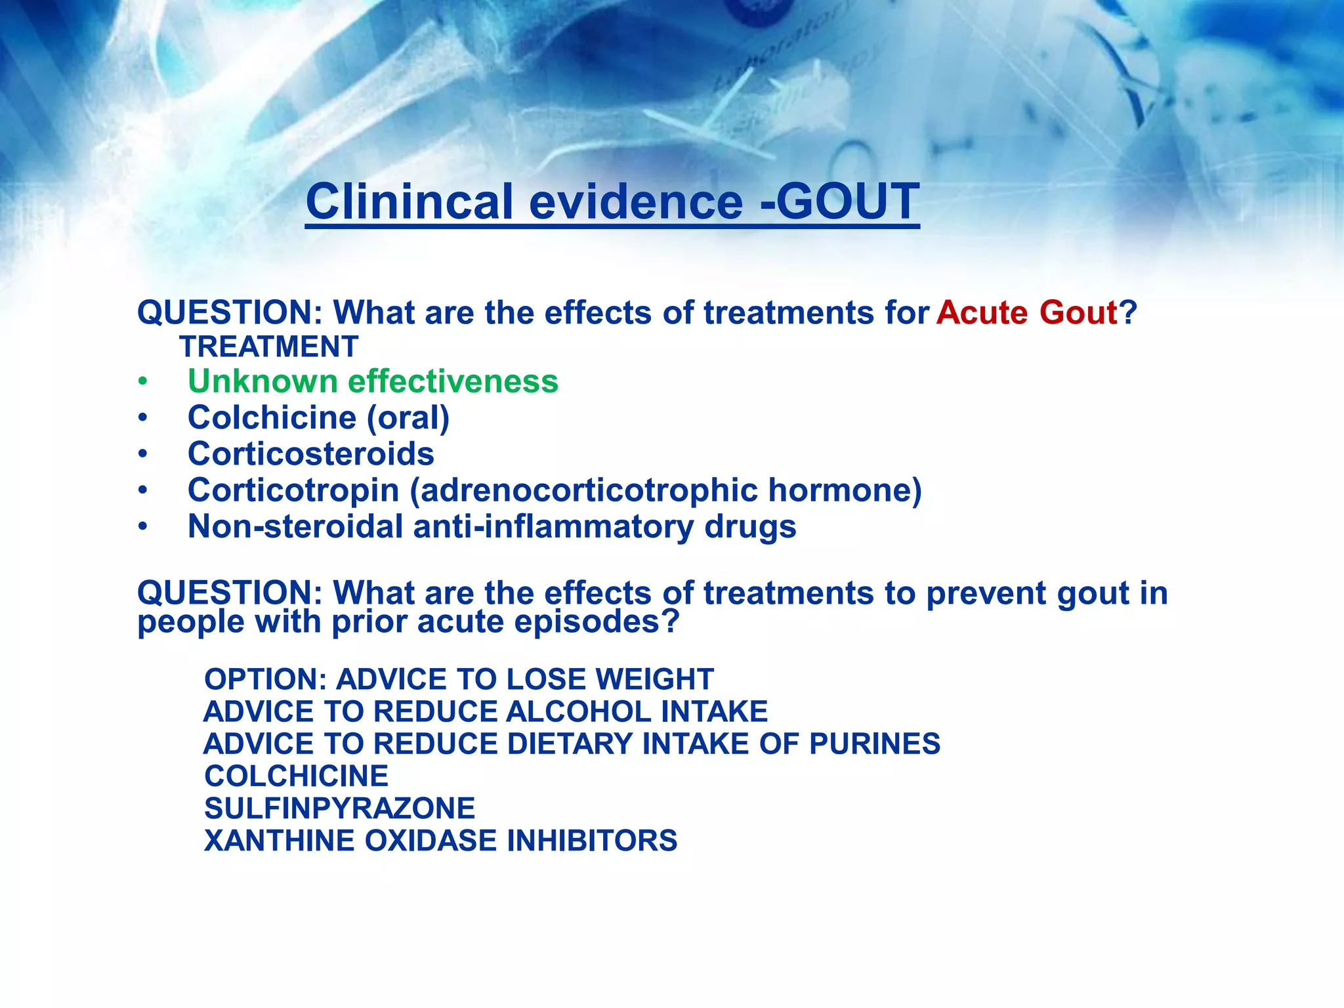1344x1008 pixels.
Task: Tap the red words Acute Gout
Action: tap(1026, 312)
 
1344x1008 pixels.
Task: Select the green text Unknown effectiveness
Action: tap(373, 381)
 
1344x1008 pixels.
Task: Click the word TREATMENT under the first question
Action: tap(269, 346)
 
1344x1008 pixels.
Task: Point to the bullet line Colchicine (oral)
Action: tap(318, 417)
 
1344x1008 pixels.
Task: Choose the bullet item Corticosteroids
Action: tap(310, 453)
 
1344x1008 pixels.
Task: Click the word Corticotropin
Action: tap(293, 490)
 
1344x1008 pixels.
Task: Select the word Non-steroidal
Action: tap(295, 526)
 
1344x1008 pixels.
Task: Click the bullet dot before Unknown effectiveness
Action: tap(142, 382)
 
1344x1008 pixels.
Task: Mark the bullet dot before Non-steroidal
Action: tap(142, 527)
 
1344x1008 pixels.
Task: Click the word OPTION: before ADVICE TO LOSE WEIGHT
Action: tap(265, 679)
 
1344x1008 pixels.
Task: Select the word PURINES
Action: tap(874, 744)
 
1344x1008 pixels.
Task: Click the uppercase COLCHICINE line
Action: tap(296, 776)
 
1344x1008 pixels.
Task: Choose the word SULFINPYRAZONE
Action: tap(339, 808)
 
